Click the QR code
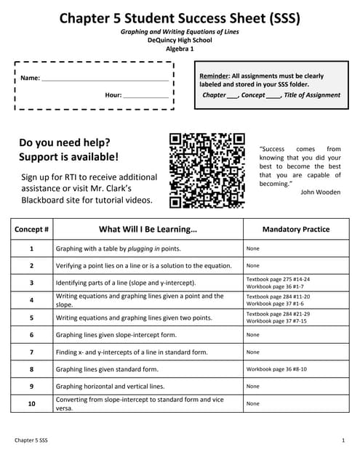coord(207,170)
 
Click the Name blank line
coord(105,78)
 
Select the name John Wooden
coord(320,192)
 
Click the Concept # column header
coord(32,229)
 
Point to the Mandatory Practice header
coord(295,229)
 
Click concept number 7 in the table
coord(32,352)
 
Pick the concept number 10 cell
coord(32,403)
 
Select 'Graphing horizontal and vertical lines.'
coord(111,387)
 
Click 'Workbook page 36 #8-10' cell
coord(276,369)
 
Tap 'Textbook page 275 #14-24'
coord(278,278)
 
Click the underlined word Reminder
coord(214,76)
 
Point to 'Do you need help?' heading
coord(65,142)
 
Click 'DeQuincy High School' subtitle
coord(180,41)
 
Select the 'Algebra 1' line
coord(180,49)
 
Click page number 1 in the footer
coord(343,441)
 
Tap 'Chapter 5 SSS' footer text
coord(33,441)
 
